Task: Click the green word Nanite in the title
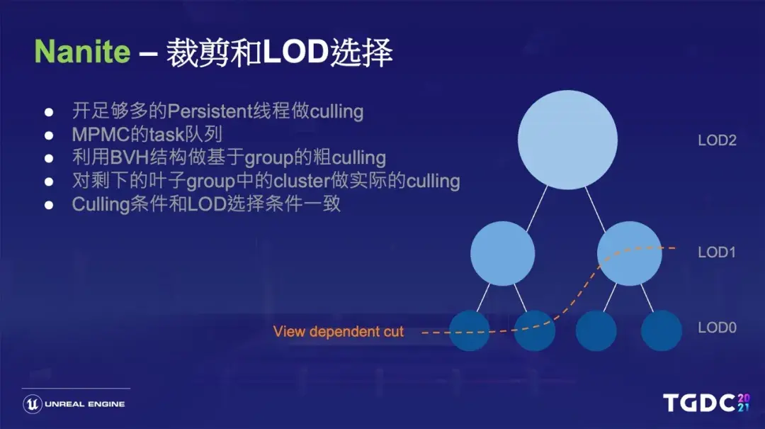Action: (x=83, y=53)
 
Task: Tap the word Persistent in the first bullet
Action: (x=205, y=111)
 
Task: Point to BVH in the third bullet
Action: (x=126, y=157)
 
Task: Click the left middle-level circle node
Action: (x=502, y=253)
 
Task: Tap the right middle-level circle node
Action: (x=630, y=253)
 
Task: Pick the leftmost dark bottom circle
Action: (x=470, y=330)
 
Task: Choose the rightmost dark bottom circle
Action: (x=662, y=330)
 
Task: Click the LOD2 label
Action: (x=717, y=140)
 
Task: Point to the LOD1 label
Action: (x=717, y=252)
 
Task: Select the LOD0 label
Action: (x=717, y=328)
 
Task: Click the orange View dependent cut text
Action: (x=338, y=332)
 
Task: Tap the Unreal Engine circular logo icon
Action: (x=33, y=404)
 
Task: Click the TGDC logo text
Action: (x=698, y=403)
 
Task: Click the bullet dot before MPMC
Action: (x=49, y=135)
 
